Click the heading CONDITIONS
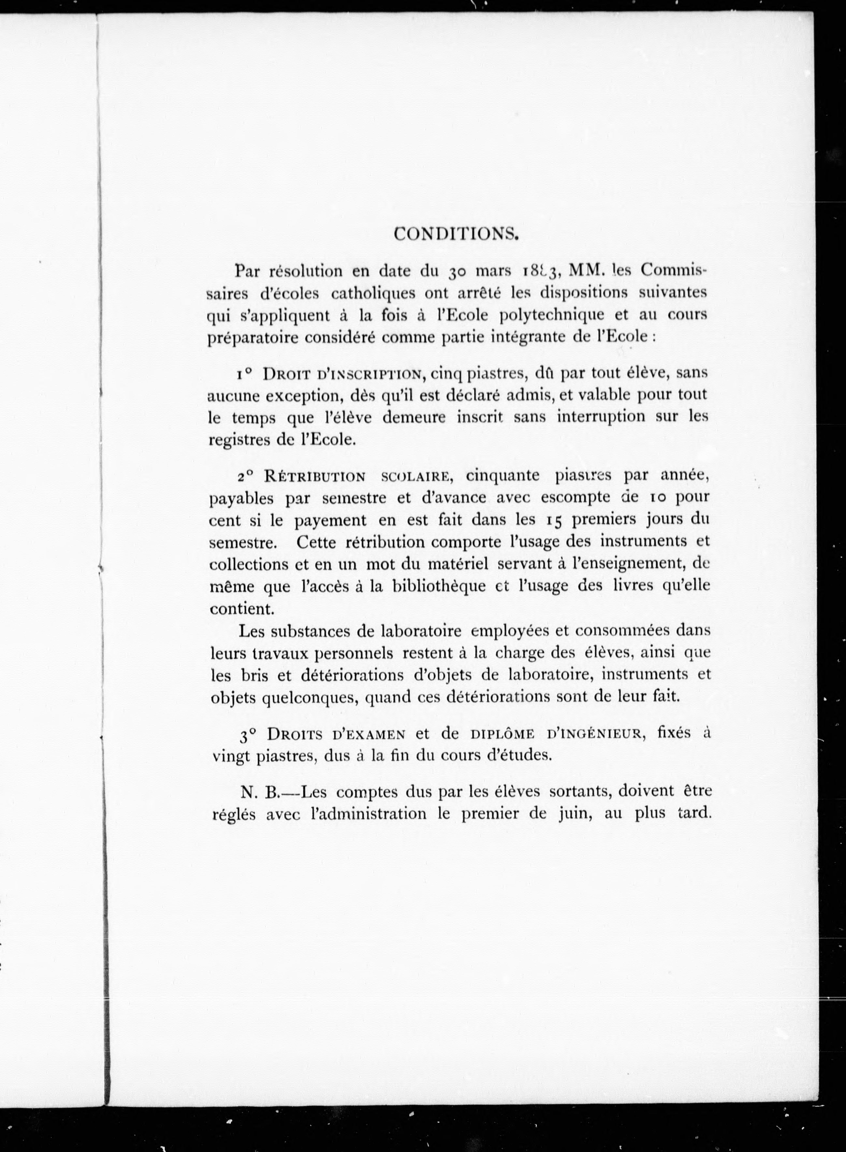point(457,234)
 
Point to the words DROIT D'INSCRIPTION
point(343,375)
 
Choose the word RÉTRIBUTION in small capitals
point(314,477)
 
